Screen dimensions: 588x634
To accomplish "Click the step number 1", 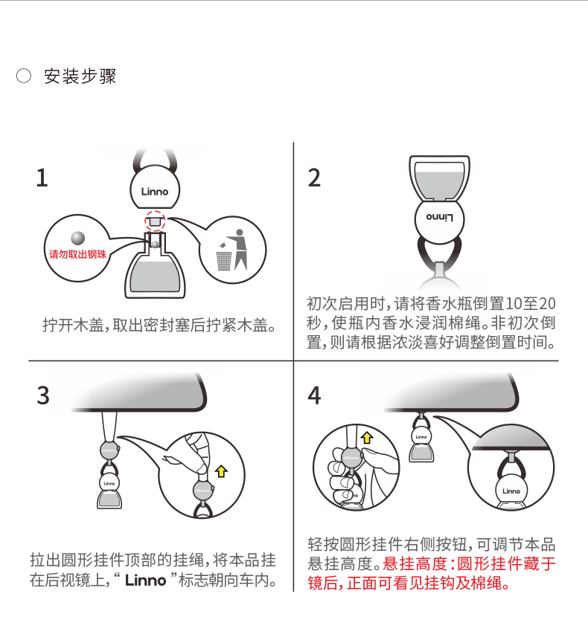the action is coord(42,178).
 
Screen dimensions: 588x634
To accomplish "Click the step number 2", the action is coord(314,178).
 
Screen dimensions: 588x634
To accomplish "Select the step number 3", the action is coord(43,395).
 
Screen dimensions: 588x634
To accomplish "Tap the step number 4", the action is coord(314,395).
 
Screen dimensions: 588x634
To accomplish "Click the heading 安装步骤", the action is coord(80,76).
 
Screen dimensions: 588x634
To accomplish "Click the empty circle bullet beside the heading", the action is coord(24,76).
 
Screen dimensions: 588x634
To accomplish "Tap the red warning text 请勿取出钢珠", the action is coord(77,254).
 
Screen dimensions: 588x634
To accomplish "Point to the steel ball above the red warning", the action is coord(77,238).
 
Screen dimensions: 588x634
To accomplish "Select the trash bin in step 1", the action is coord(224,261).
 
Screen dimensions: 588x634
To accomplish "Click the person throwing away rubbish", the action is coord(240,249).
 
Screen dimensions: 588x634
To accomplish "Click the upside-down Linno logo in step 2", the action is coord(439,218).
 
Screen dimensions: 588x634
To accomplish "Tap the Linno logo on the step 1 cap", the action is coord(155,192).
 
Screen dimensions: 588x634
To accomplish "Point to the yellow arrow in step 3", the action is coord(221,471).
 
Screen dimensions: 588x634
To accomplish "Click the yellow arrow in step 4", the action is coord(367,438).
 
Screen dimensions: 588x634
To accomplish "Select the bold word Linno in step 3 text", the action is coord(146,580).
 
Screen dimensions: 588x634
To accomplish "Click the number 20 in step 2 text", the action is coord(547,304).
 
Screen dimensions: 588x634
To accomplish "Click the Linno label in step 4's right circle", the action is coord(511,491).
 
